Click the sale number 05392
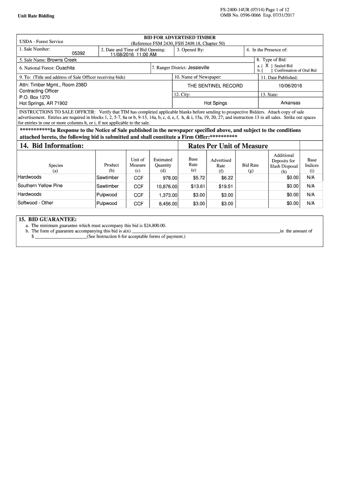[x=78, y=54]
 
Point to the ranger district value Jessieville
[x=198, y=67]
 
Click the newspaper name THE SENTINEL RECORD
[x=215, y=86]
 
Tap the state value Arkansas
[x=290, y=103]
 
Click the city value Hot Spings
[x=215, y=103]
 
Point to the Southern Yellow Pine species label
[x=40, y=186]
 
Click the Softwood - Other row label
[x=36, y=203]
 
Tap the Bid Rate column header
[x=250, y=165]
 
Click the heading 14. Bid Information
[x=51, y=146]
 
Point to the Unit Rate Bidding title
[x=36, y=16]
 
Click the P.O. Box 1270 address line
[x=35, y=97]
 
